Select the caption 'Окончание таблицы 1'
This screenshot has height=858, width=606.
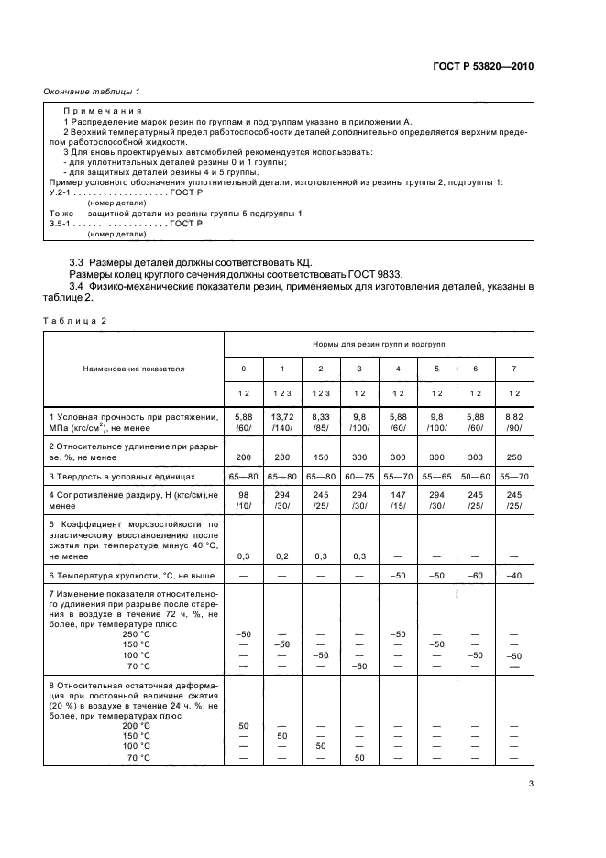[x=92, y=92]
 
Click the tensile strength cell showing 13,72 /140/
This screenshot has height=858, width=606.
[x=281, y=422]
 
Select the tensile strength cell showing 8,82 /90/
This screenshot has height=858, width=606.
[x=513, y=422]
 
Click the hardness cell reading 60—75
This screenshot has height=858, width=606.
[x=359, y=478]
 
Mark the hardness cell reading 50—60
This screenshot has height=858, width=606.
[x=475, y=478]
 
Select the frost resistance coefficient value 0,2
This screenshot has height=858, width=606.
[x=281, y=556]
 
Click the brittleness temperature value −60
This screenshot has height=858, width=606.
[x=475, y=574]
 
